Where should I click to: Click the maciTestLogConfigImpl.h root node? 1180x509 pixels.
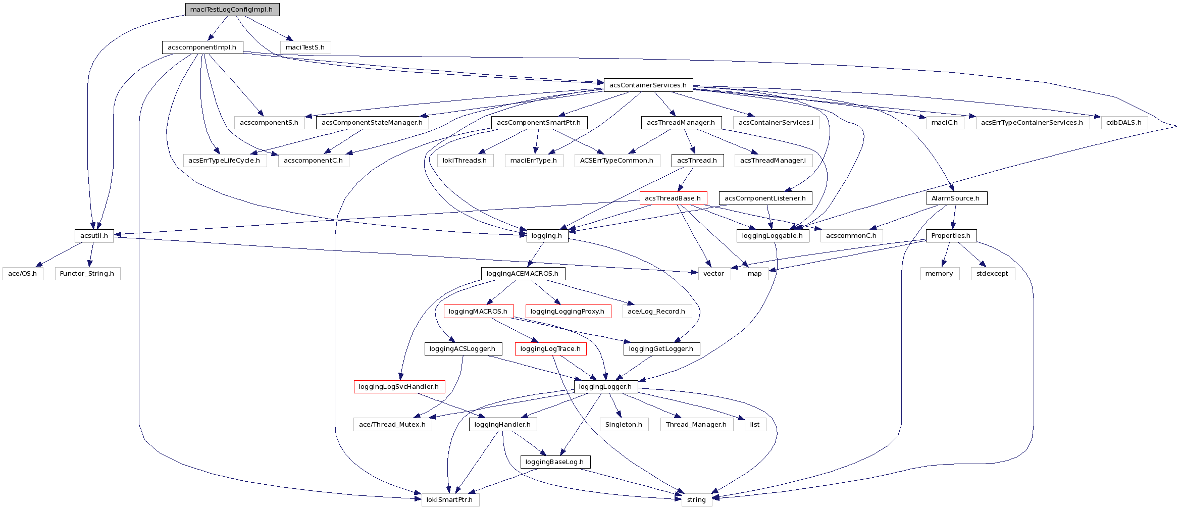(232, 10)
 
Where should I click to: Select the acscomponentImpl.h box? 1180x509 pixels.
(202, 47)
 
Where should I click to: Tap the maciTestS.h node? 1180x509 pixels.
(305, 47)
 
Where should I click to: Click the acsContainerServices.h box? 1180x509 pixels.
(648, 85)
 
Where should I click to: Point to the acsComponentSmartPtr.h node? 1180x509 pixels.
(539, 123)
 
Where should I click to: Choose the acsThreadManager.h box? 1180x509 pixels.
(681, 123)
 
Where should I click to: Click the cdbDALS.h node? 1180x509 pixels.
(1123, 123)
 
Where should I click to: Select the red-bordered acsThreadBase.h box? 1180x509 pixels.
(673, 198)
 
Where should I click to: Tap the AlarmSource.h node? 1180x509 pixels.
(956, 198)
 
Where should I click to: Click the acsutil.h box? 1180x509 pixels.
(94, 236)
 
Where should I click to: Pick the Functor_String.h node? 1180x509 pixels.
(87, 274)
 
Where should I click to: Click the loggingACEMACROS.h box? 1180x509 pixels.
(523, 274)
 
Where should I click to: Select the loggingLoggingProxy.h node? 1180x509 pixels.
(568, 312)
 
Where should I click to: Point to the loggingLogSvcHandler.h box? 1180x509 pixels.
(399, 387)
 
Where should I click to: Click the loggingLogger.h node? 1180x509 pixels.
(605, 387)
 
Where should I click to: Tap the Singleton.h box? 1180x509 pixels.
(624, 425)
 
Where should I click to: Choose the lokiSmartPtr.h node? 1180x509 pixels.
(449, 500)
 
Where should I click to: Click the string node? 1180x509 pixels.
(696, 500)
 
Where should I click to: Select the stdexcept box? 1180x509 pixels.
(992, 274)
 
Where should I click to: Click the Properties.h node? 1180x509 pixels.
(951, 236)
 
